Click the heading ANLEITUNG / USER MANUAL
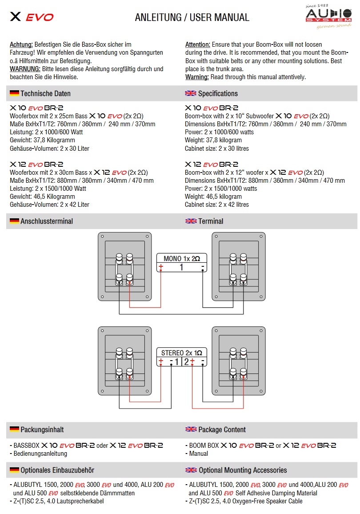point(192,18)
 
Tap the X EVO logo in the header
point(32,17)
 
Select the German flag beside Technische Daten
point(14,93)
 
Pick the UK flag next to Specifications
point(191,93)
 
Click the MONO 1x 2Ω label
point(181,258)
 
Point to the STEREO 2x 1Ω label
point(181,353)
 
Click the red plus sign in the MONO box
point(161,267)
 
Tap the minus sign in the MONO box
point(202,267)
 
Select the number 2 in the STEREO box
point(186,361)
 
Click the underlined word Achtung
point(21,45)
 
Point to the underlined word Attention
point(198,45)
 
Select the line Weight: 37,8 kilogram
point(213,141)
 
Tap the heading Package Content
point(222,430)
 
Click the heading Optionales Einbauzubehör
point(57,470)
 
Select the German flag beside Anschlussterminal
point(14,221)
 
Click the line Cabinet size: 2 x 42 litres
point(217,205)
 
